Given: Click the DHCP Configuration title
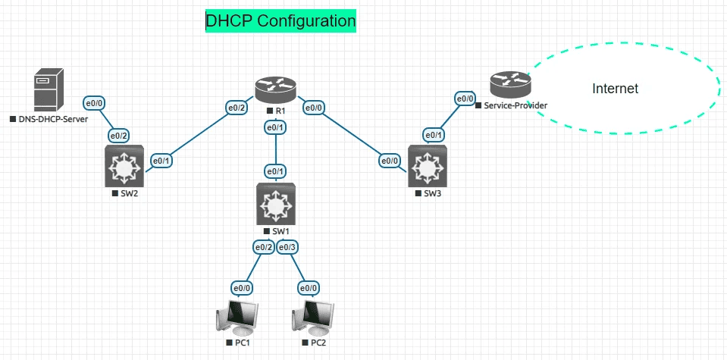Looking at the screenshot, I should (x=280, y=21).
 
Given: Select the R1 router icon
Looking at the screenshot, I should (x=275, y=90).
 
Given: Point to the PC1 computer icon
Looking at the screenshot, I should (x=237, y=318).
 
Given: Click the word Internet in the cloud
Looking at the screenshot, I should (x=615, y=89).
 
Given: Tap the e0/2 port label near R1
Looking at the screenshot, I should (x=237, y=108).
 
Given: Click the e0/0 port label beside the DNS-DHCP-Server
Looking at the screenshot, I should (x=95, y=101).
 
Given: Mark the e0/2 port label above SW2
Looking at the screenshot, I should (x=119, y=136).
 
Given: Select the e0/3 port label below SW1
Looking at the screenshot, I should (x=287, y=246).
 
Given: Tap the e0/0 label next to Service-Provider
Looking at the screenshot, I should (x=465, y=99).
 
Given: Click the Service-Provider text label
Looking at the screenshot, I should (x=515, y=105).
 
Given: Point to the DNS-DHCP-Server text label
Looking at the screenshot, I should (x=52, y=120).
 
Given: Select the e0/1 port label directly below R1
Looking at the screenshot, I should (x=275, y=128).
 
